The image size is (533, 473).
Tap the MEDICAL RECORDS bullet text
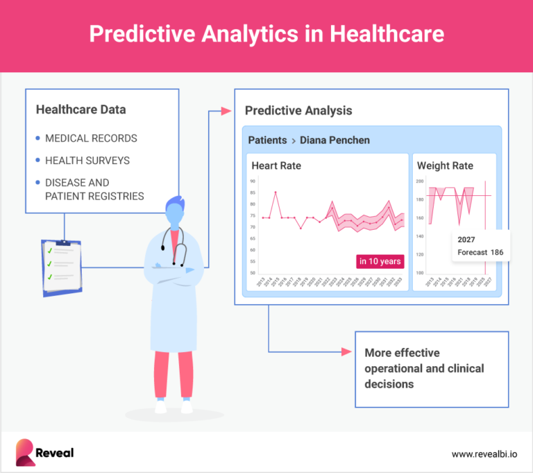[x=91, y=138]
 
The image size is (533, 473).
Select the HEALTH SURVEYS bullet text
[x=87, y=160]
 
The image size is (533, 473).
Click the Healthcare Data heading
[x=81, y=109]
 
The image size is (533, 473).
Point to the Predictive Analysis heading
[x=298, y=110]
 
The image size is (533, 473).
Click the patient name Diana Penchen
[x=335, y=140]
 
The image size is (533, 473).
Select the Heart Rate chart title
[x=276, y=166]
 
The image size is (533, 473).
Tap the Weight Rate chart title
[x=445, y=166]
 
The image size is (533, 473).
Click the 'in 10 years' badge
[x=380, y=261]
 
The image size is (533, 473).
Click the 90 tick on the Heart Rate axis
[x=253, y=181]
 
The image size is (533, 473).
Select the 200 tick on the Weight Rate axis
[x=420, y=181]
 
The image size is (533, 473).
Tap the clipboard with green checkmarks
[x=61, y=267]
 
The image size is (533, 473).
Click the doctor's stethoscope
[x=174, y=247]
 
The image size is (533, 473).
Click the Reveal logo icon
[x=26, y=452]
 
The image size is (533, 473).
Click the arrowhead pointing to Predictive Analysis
[x=225, y=110]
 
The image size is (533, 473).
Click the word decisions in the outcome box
[x=389, y=383]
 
